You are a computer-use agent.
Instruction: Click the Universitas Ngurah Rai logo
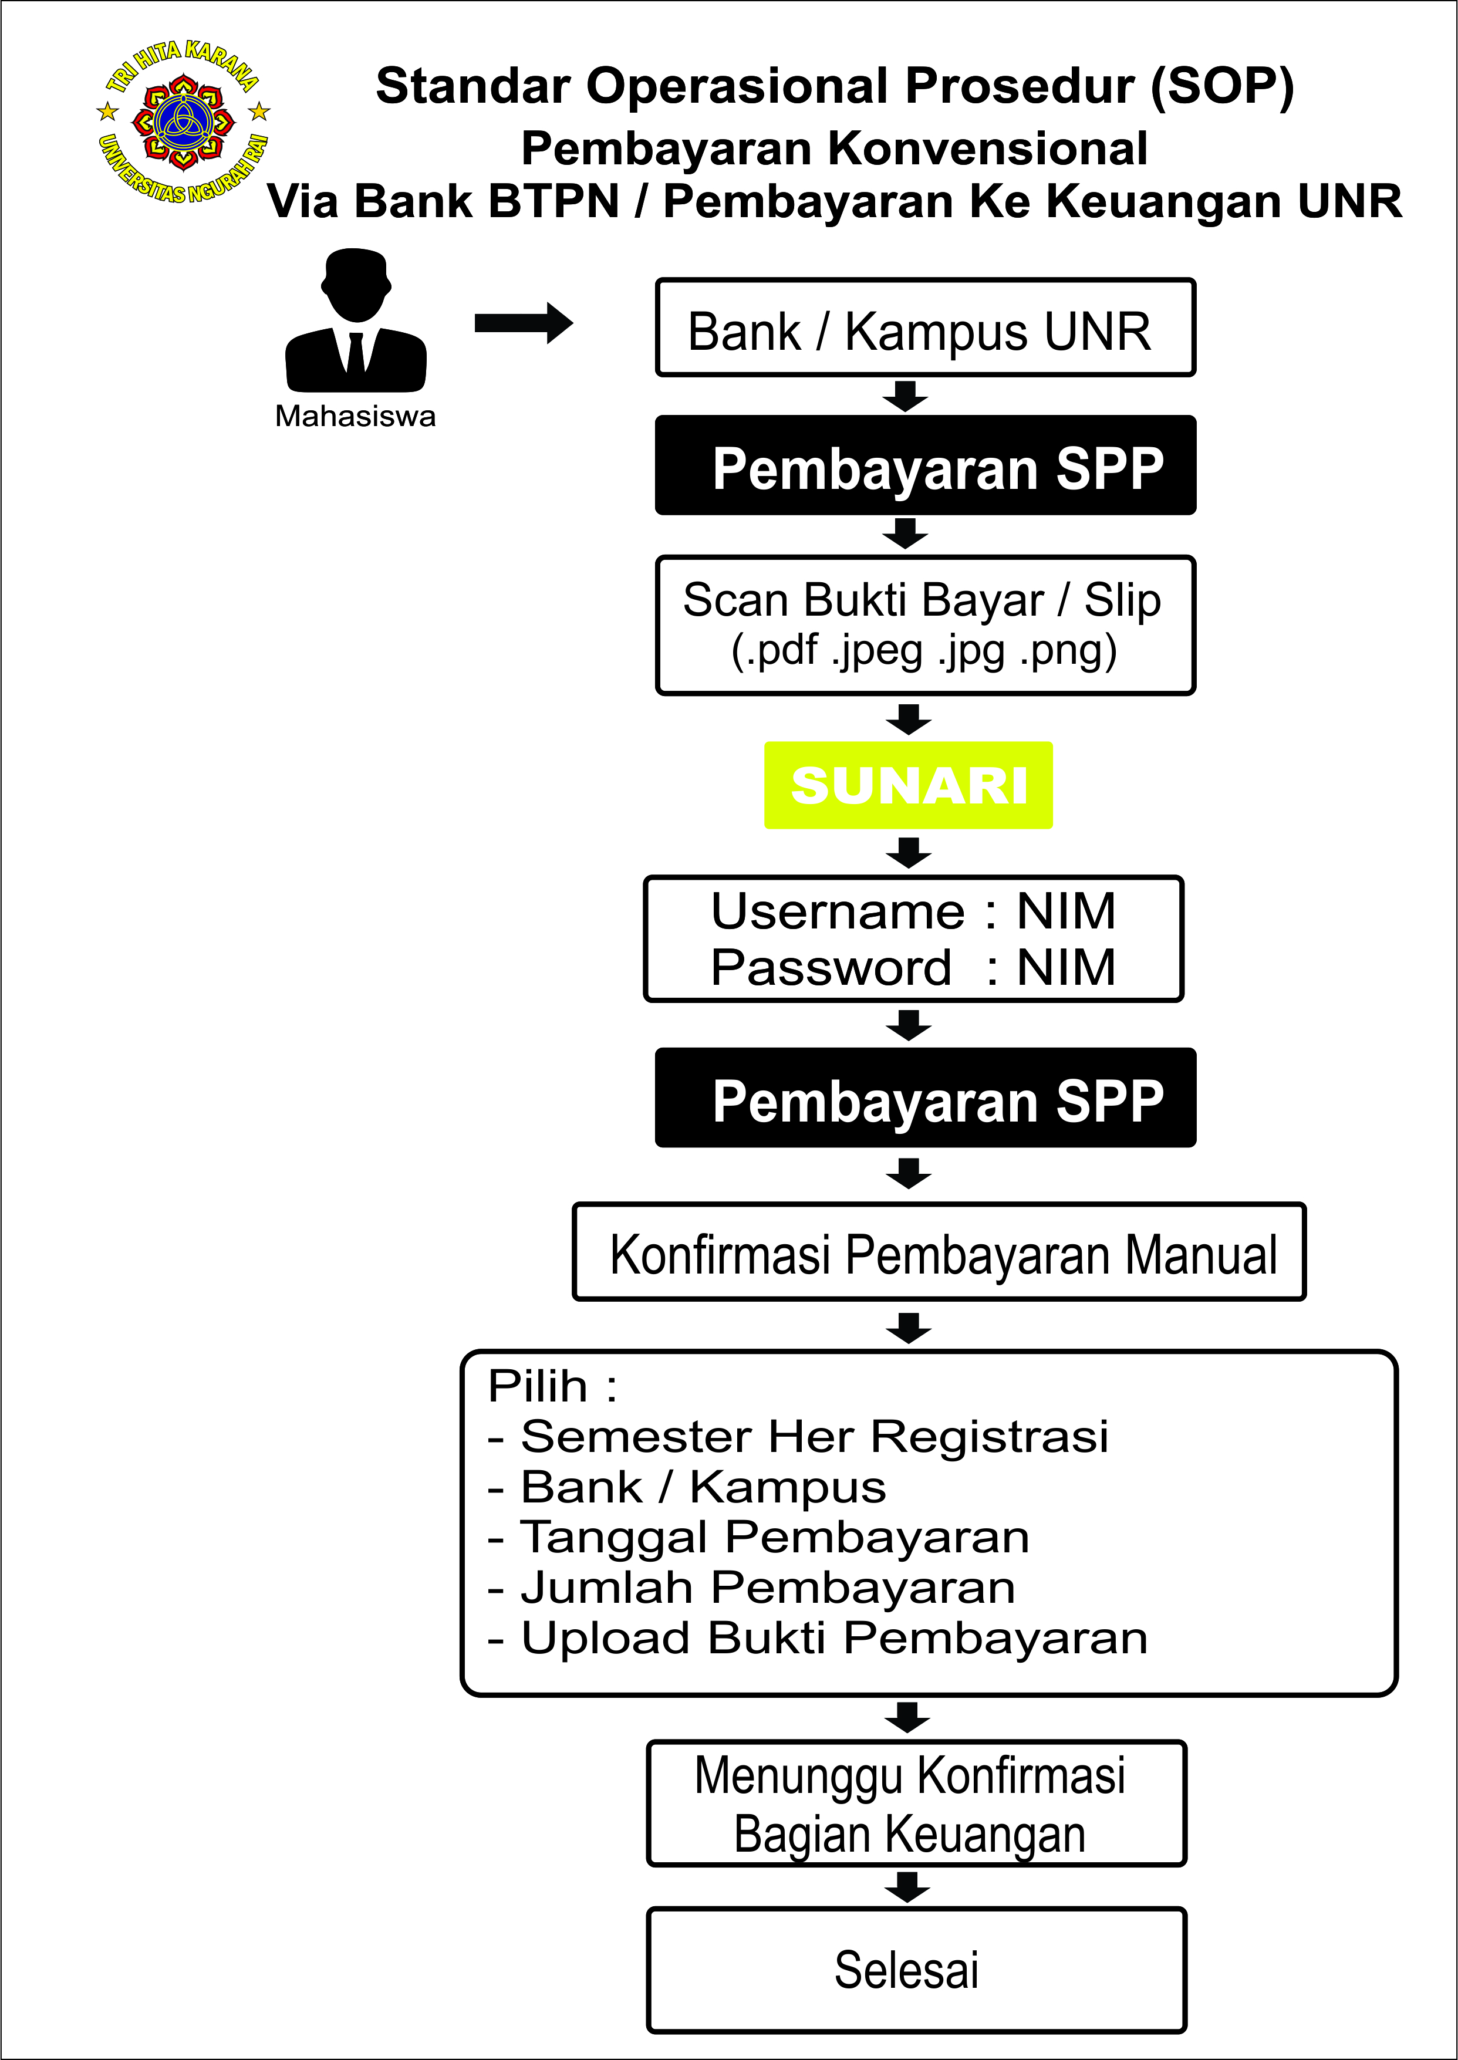pos(183,121)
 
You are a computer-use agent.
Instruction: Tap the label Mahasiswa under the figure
pos(356,417)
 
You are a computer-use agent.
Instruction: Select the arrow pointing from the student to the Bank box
pos(524,323)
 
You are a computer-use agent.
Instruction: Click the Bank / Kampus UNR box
pos(926,327)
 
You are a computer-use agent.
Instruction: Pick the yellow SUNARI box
pos(909,785)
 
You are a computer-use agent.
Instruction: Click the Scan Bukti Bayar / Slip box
pos(926,626)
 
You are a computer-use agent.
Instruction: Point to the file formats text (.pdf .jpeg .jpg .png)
pos(924,651)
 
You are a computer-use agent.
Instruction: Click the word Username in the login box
pos(838,912)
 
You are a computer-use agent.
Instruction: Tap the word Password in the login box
pos(831,968)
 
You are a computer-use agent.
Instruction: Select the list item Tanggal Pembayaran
pos(775,1538)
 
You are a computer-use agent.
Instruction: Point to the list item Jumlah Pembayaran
pos(768,1588)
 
